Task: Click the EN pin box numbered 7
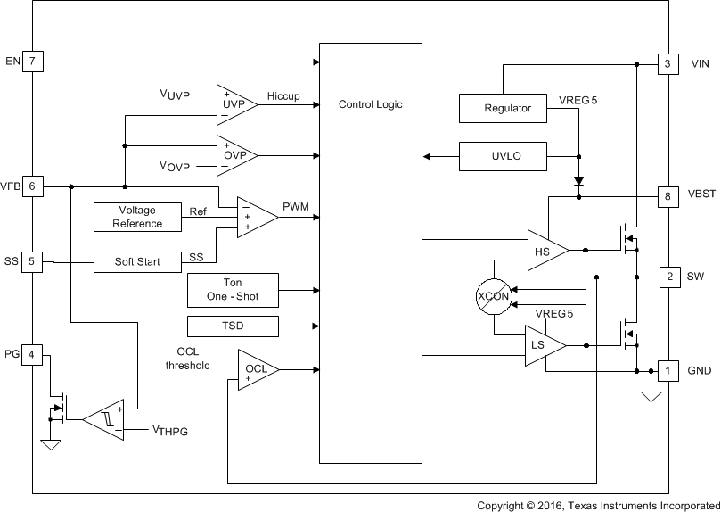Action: tap(32, 62)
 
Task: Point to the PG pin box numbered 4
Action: tap(32, 354)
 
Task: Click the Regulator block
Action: tap(507, 108)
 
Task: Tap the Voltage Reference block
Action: tap(137, 217)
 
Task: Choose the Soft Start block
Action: tap(137, 262)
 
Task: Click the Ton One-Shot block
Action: tap(232, 289)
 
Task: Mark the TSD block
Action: tap(232, 326)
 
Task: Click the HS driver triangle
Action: tap(545, 251)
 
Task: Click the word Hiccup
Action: tap(283, 95)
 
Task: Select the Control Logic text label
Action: tap(370, 104)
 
